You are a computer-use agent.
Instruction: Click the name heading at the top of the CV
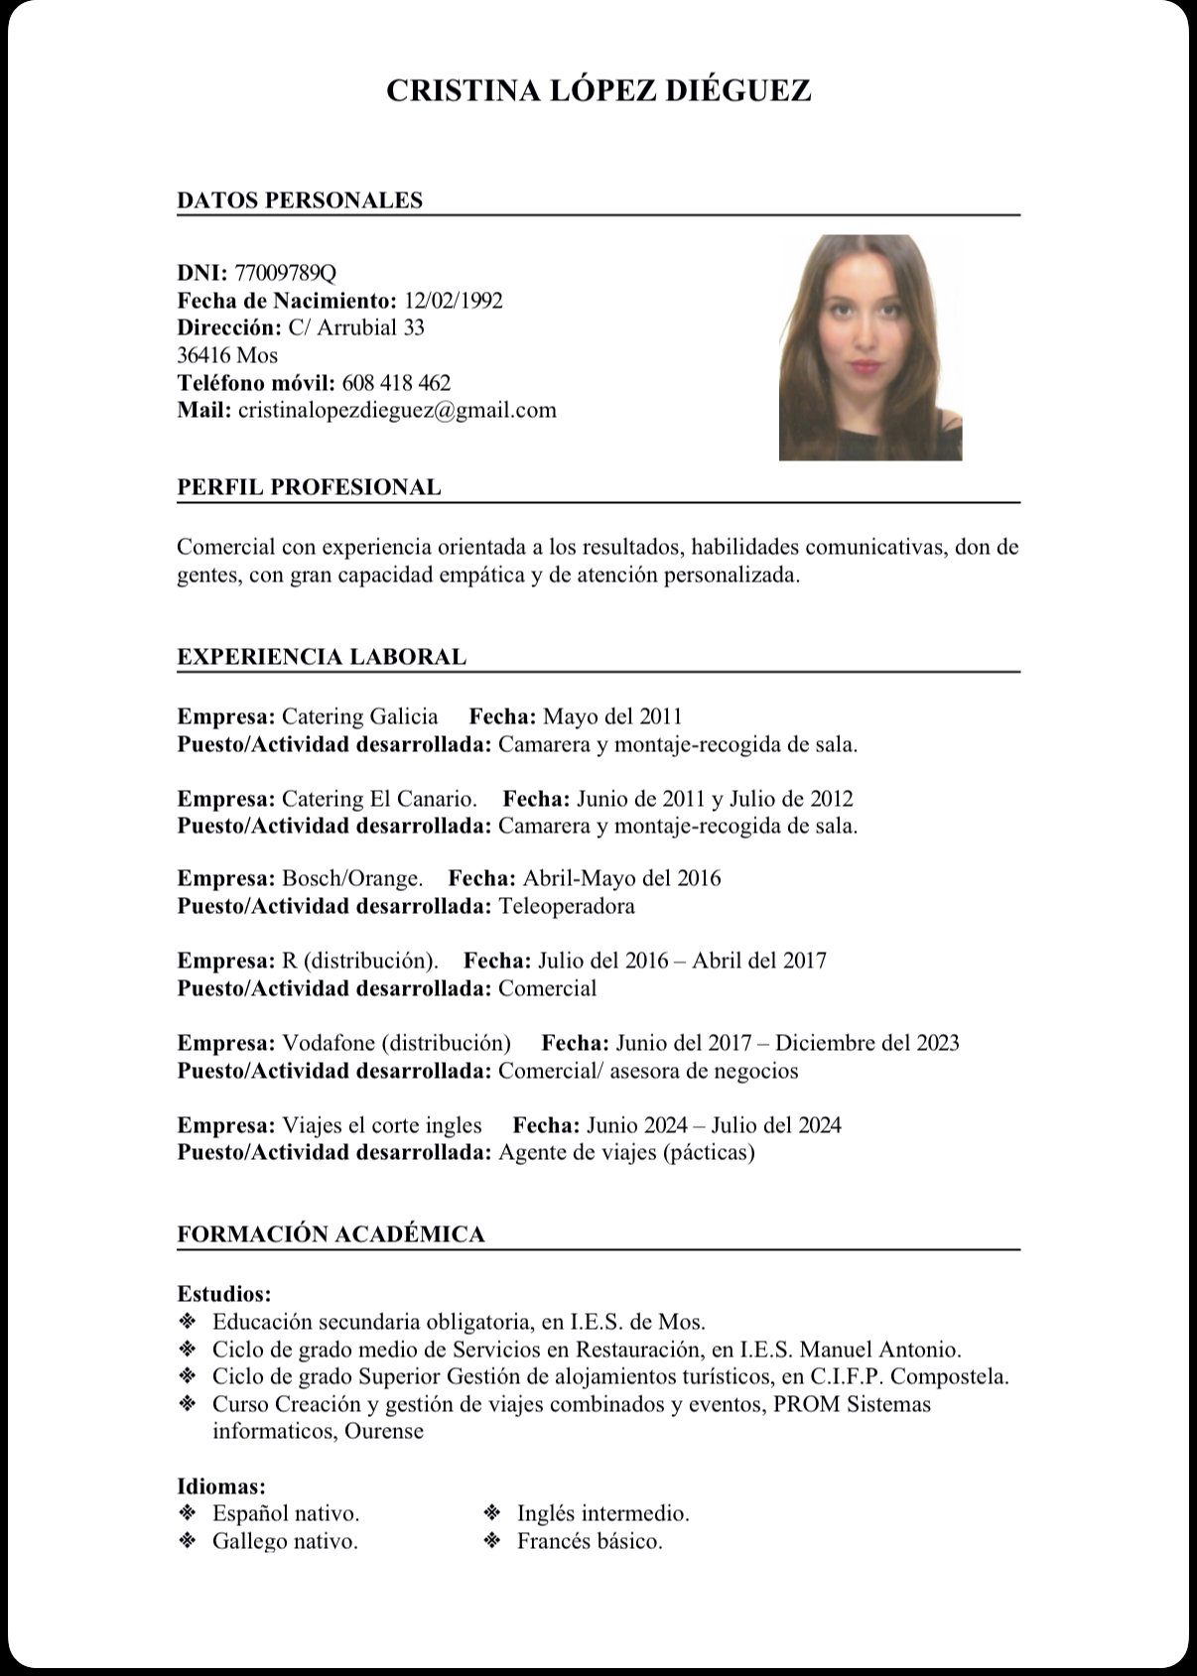pos(598,90)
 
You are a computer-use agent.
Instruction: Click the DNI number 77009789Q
pos(286,273)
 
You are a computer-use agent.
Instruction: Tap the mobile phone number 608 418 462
pos(396,383)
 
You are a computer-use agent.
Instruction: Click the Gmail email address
pos(397,410)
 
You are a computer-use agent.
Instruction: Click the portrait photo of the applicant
pos(870,347)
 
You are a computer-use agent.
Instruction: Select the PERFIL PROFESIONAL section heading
pos(309,487)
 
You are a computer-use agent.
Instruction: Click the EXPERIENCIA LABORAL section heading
pos(322,657)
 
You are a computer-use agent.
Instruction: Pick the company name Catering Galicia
pos(360,716)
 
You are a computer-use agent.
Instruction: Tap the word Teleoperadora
pos(567,906)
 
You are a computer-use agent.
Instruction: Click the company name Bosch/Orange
pos(352,878)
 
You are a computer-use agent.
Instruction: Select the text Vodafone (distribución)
pos(397,1043)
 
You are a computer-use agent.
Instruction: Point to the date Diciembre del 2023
pos(867,1043)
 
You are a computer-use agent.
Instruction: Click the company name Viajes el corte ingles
pos(382,1125)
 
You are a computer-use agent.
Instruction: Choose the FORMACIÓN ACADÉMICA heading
pos(331,1234)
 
